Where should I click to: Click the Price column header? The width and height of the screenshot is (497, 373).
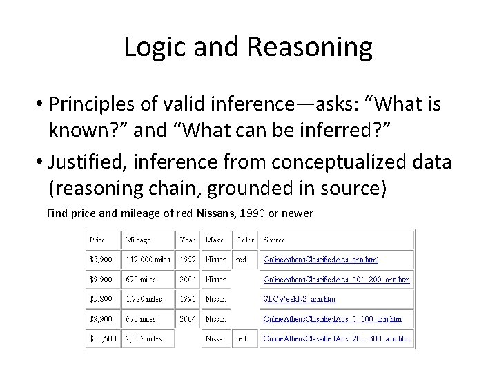(97, 240)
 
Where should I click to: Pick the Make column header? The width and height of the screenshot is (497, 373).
(215, 240)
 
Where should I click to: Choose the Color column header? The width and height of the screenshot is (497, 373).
(244, 240)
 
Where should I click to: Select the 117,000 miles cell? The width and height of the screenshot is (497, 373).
(148, 260)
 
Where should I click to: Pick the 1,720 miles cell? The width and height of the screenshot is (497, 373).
(142, 300)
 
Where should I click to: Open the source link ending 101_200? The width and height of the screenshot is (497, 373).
(337, 280)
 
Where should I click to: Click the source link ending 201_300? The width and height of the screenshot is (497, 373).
(337, 340)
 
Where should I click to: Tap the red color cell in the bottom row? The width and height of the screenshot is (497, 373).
(241, 340)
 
